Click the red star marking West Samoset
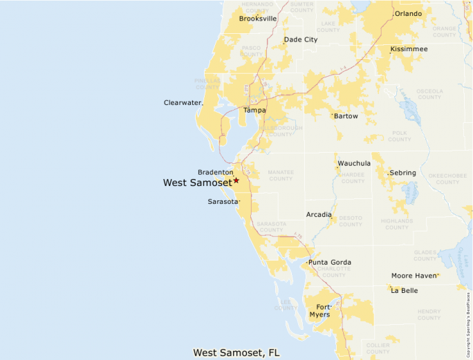coord(236,180)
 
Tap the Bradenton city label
coord(215,172)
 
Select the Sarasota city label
coord(223,202)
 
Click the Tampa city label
coord(254,110)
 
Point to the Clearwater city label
coord(183,103)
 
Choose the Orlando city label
coord(408,14)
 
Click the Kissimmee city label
coord(409,49)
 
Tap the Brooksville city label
coord(258,19)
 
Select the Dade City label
coord(301,39)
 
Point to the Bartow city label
coord(346,116)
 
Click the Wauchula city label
coord(354,164)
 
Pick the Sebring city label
coord(402,172)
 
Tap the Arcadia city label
coord(319,215)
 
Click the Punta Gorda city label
coord(330,263)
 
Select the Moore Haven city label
coord(414,276)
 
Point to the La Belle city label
coord(405,291)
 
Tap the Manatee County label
coord(281,176)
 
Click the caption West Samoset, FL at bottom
coord(236,352)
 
